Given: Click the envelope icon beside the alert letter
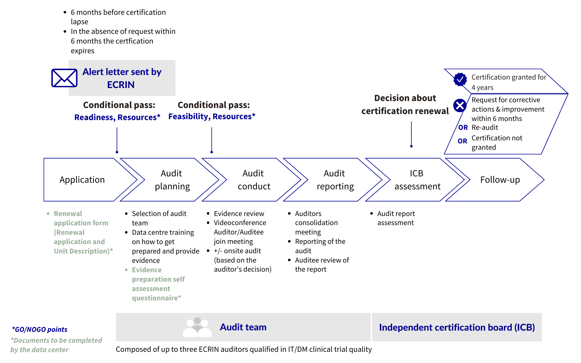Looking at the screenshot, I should tap(64, 78).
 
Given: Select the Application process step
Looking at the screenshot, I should tap(82, 180).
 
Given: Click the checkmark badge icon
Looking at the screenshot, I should tap(460, 80).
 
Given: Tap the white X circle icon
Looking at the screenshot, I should tap(460, 106).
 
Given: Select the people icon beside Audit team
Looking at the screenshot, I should tap(197, 327).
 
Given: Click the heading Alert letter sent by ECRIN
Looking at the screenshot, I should tap(122, 78).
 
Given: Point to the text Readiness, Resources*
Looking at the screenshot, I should tap(117, 117).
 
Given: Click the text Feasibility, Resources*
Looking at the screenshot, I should tap(212, 116).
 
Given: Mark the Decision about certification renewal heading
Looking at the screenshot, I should tap(405, 104).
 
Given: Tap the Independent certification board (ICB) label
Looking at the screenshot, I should tap(457, 327).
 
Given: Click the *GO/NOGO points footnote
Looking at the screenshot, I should tap(40, 329).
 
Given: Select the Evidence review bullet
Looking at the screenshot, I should tap(239, 214).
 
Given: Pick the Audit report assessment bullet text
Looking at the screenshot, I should tap(396, 218).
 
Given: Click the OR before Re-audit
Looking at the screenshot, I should tap(463, 128).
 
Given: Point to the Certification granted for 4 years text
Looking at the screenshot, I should tap(508, 82).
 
